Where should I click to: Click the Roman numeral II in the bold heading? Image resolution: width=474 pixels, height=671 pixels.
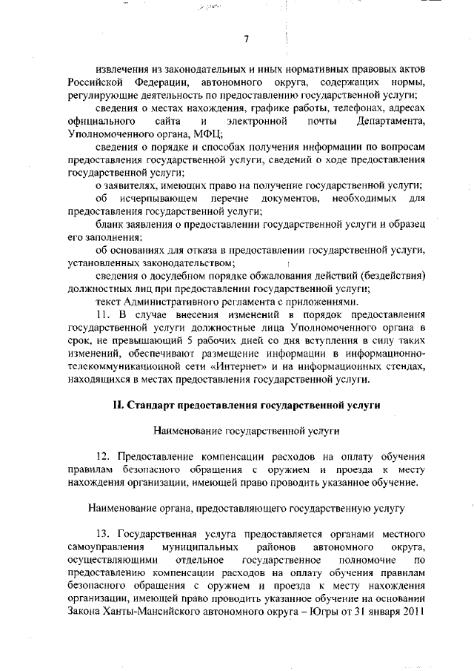[x=116, y=406]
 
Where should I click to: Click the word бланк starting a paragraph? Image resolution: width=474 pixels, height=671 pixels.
[x=111, y=224]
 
